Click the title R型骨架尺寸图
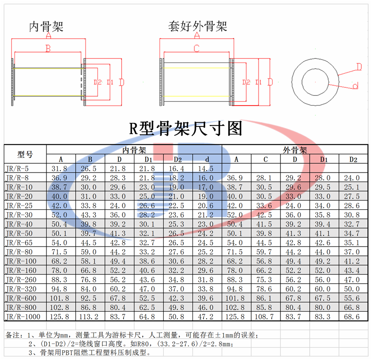click(x=186, y=128)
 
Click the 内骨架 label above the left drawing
click(x=46, y=27)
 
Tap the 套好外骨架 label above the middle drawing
click(x=198, y=26)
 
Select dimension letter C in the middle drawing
click(x=196, y=48)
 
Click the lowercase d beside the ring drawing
click(x=355, y=86)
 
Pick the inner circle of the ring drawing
click(x=315, y=82)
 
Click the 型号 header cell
click(x=25, y=154)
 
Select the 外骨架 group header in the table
click(x=295, y=150)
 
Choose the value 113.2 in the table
click(x=89, y=317)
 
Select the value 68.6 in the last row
click(x=352, y=317)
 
